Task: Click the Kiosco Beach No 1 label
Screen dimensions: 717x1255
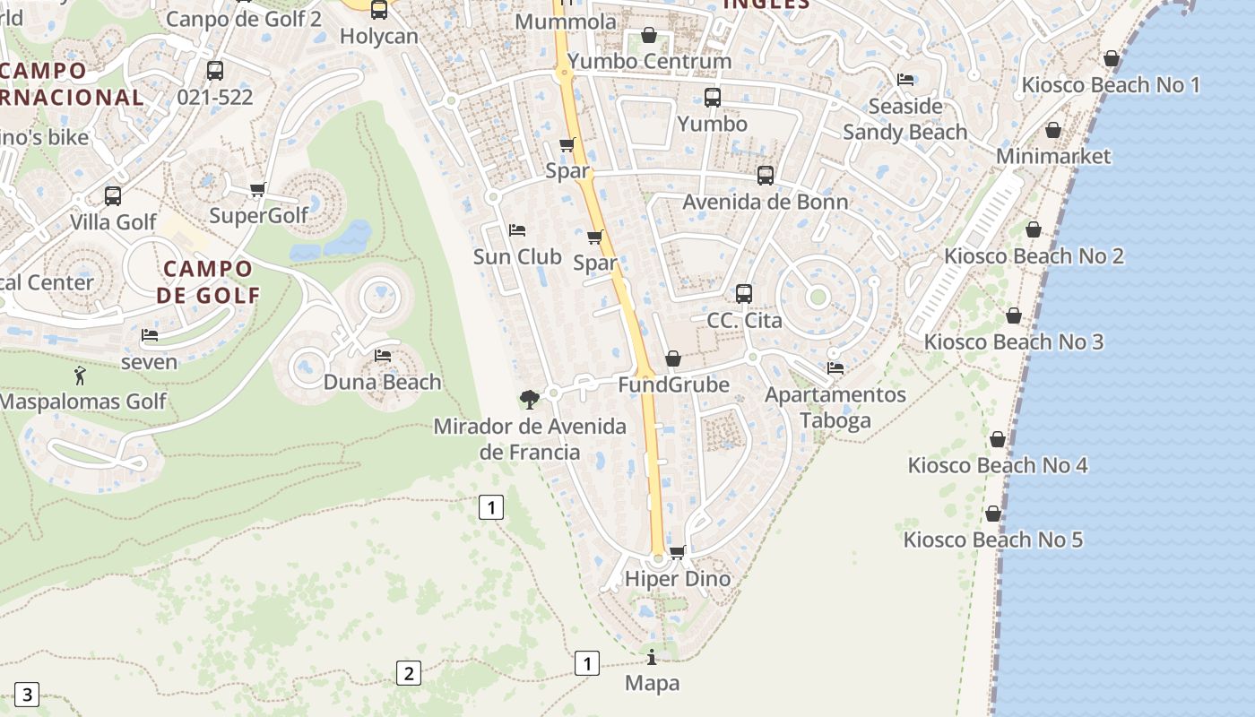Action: [x=1111, y=85]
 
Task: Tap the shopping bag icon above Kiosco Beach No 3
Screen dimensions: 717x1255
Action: [x=1014, y=315]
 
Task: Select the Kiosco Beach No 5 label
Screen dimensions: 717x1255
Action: [x=993, y=540]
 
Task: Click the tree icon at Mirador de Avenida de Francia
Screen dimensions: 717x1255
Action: [x=530, y=399]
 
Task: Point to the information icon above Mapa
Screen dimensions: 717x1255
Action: [x=652, y=657]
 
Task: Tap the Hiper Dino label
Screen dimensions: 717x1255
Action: [x=678, y=579]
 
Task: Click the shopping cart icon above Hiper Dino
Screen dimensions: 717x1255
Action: [x=678, y=552]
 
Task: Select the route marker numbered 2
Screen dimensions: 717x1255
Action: [x=408, y=673]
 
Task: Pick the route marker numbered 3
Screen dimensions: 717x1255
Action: [x=27, y=694]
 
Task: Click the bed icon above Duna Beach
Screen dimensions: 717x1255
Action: [x=383, y=356]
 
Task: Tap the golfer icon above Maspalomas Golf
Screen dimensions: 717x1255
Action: [x=80, y=376]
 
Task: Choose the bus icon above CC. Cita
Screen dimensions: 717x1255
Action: [x=744, y=293]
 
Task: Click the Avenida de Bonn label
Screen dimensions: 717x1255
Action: [x=766, y=202]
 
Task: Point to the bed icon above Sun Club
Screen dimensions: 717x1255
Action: [x=517, y=230]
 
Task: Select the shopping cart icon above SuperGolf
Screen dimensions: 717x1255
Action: [x=258, y=189]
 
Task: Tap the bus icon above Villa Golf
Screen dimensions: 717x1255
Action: [x=113, y=195]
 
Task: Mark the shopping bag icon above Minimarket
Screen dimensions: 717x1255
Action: [x=1053, y=131]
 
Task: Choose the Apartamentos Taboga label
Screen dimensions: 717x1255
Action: [x=835, y=408]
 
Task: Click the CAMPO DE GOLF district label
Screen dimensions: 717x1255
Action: [x=208, y=281]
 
